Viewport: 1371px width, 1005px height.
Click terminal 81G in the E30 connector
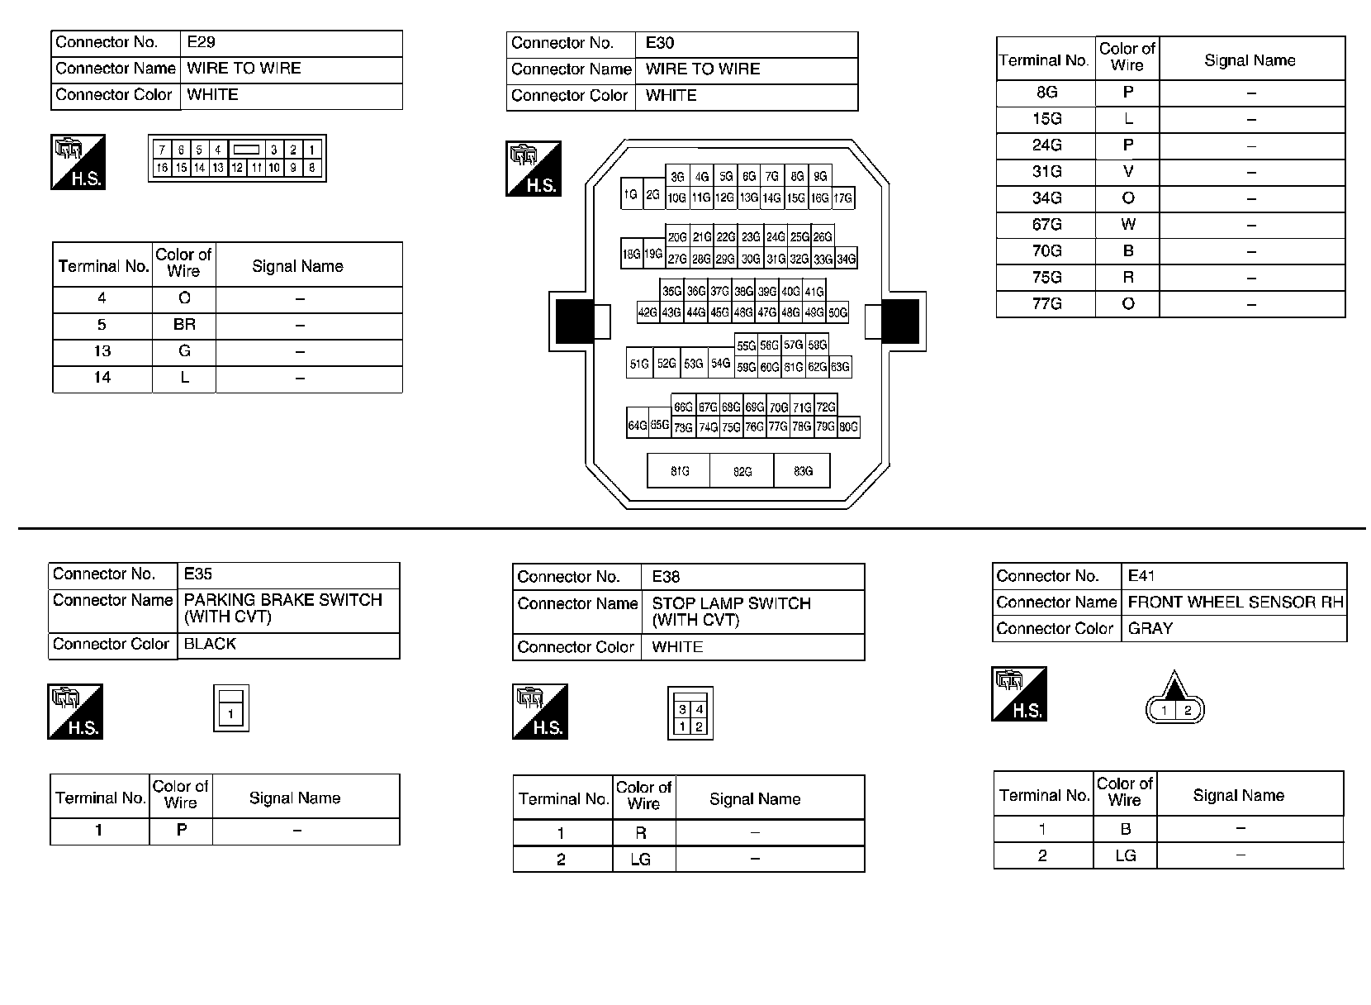point(679,471)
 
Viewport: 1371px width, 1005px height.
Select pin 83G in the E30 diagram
point(803,471)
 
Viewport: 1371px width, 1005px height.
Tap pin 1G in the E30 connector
point(631,194)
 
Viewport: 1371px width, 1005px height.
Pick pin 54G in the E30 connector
point(721,363)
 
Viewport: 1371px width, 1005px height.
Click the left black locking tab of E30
point(574,321)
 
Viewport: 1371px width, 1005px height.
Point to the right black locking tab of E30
point(900,321)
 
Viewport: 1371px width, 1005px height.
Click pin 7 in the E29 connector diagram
point(162,150)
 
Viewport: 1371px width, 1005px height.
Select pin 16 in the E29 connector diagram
point(162,168)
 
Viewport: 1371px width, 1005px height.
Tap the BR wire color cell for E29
point(184,325)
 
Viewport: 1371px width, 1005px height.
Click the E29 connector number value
point(202,42)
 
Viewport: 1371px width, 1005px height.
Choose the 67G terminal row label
point(1046,225)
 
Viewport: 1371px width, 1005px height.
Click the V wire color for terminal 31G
point(1127,172)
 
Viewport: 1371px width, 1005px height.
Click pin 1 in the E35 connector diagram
point(231,714)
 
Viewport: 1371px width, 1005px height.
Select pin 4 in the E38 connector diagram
point(700,709)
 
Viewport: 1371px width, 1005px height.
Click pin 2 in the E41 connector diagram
point(1188,710)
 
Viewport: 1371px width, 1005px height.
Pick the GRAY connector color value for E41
point(1150,628)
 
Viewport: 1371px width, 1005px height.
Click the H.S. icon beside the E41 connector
point(1019,693)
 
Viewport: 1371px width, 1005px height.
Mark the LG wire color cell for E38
point(641,860)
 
